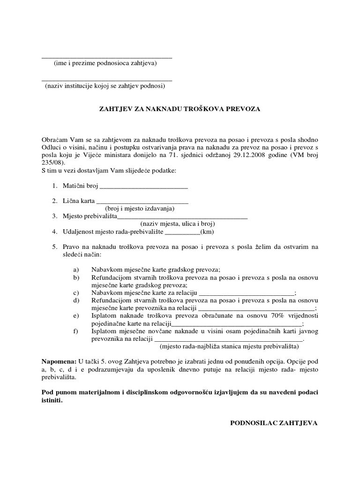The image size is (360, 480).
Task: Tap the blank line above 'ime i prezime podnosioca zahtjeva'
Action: coord(107,57)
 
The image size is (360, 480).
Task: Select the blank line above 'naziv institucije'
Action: coord(107,81)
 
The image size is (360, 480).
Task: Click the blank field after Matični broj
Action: coord(144,187)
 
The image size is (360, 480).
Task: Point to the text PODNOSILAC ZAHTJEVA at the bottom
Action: coord(274,423)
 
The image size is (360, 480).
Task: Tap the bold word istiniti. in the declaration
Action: coord(52,401)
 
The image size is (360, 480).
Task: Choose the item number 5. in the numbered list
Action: coord(55,247)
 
